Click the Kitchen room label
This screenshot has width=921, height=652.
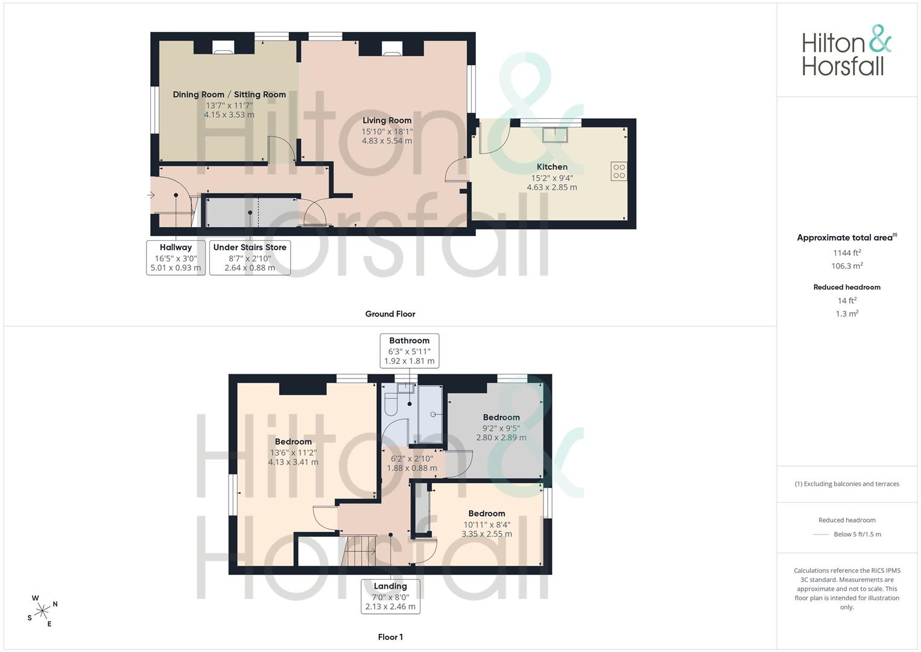pos(552,167)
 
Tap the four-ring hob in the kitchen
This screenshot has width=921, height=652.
pos(619,171)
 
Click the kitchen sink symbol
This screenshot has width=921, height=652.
pos(555,135)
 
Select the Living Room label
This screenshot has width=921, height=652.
pos(387,120)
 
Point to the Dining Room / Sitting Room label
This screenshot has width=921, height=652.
pos(229,94)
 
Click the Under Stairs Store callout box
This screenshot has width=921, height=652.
pos(250,258)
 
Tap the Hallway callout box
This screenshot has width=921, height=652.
pos(176,258)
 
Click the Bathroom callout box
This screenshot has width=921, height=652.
pos(409,351)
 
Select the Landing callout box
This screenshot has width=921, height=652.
pos(390,596)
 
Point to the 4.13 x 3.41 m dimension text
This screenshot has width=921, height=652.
pos(293,462)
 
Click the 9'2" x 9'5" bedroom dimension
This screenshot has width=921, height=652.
pos(501,428)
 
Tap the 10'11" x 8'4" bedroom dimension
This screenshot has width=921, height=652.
pos(487,525)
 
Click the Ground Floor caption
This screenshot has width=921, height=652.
pos(390,314)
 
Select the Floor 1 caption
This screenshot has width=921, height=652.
pos(390,637)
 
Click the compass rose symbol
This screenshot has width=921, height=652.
pos(42,611)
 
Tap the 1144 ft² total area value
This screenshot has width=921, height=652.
pos(847,253)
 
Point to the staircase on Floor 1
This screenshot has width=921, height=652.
pos(359,551)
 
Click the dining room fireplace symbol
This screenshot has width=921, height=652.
pos(223,47)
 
